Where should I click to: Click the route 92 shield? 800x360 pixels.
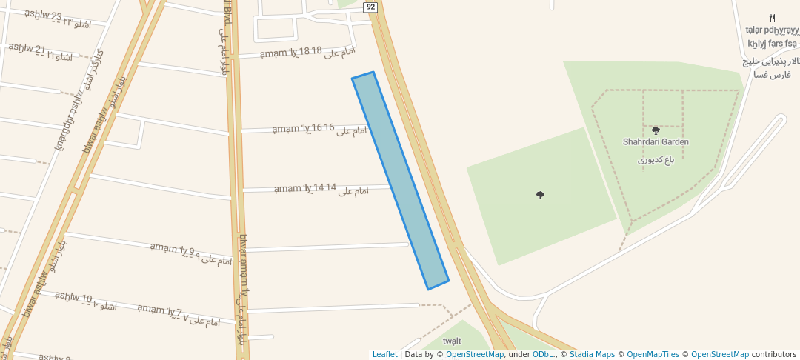[371, 7]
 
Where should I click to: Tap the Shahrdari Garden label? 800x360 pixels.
[656, 141]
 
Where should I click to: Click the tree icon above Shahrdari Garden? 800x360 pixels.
[656, 130]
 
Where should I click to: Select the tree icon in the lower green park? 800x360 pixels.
[540, 195]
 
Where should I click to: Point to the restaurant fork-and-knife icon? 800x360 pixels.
[772, 18]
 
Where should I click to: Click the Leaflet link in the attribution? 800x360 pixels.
[384, 354]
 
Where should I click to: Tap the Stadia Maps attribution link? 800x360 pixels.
[590, 354]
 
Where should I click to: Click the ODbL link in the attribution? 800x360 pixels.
[544, 354]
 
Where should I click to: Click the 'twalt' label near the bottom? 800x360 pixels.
[452, 341]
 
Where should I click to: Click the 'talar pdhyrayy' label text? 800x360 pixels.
[773, 30]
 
